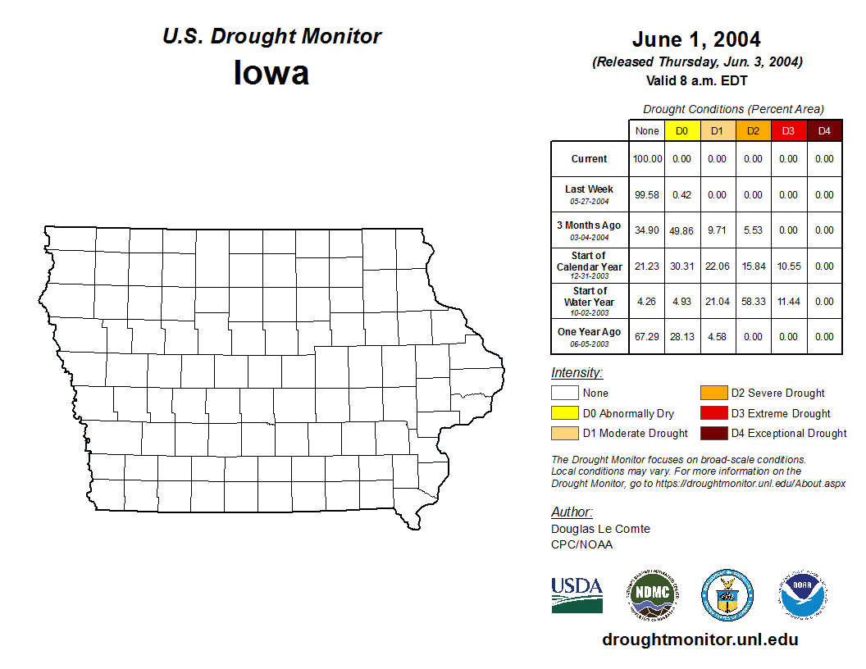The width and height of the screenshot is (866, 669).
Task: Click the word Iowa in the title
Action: click(x=271, y=74)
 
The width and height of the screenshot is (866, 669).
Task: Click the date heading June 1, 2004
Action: click(x=696, y=39)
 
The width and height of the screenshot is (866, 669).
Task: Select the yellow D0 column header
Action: click(x=682, y=131)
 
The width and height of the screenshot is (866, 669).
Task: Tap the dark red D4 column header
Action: click(x=824, y=131)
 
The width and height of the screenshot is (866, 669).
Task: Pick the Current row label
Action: click(x=590, y=159)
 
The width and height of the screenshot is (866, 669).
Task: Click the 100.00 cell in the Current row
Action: click(x=647, y=159)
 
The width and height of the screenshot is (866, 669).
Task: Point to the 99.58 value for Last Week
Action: click(x=647, y=195)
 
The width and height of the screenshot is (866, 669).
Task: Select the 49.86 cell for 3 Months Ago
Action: click(x=682, y=231)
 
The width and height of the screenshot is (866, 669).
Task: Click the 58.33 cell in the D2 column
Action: click(x=753, y=302)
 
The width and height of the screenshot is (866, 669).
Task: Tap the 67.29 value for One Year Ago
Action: click(x=647, y=337)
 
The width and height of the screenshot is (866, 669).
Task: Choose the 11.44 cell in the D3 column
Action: click(x=788, y=302)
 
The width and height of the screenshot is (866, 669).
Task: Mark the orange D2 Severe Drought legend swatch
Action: click(x=713, y=394)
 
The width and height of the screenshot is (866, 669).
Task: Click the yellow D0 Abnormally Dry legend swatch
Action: click(x=565, y=413)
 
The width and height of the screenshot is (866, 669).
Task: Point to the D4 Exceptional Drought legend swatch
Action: click(x=713, y=433)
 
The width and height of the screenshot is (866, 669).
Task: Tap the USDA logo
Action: click(x=577, y=594)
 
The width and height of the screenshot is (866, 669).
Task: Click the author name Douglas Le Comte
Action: click(x=600, y=529)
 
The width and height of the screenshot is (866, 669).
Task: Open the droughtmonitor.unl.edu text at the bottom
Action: click(x=700, y=639)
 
